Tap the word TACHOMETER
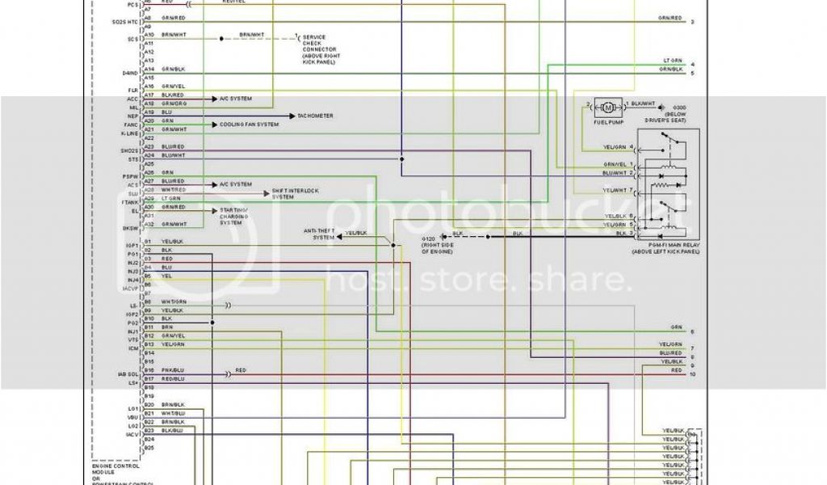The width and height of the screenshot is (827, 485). pos(315,116)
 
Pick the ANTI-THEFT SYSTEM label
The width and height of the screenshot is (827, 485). pos(318,234)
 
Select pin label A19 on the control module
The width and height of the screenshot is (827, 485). pos(149,112)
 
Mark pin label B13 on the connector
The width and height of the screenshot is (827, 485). pos(149,344)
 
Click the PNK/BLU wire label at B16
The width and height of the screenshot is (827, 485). pos(173,370)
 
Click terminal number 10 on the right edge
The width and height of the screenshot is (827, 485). pos(692,374)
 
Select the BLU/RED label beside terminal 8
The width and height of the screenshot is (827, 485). pos(670,353)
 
